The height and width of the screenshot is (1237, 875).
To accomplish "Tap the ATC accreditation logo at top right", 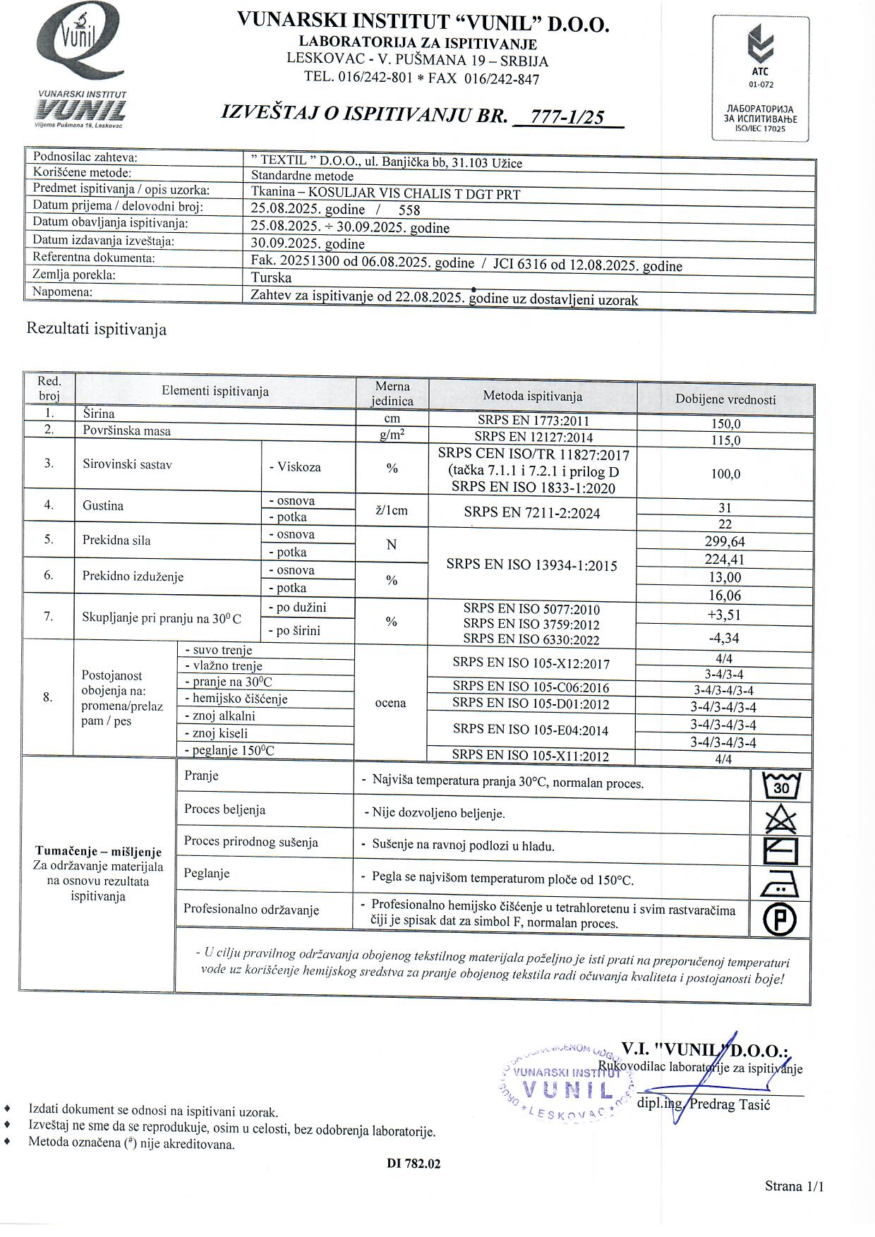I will tap(760, 78).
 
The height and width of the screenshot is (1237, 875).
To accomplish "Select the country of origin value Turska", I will tap(271, 277).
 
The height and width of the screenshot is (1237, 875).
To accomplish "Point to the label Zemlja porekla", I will tap(74, 275).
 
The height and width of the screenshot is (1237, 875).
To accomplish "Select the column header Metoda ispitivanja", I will tap(532, 397).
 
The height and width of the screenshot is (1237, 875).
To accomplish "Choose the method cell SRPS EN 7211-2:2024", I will tap(532, 513).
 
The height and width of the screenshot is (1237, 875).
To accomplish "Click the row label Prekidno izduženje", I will tap(133, 577).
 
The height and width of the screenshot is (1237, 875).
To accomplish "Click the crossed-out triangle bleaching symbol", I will tap(780, 819).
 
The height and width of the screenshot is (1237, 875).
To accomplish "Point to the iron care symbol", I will tap(780, 884).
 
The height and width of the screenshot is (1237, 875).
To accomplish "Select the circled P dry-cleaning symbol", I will tap(780, 919).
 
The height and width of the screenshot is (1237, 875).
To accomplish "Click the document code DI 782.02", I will tap(414, 1164).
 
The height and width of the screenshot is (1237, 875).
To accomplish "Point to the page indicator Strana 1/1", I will tap(794, 1186).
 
